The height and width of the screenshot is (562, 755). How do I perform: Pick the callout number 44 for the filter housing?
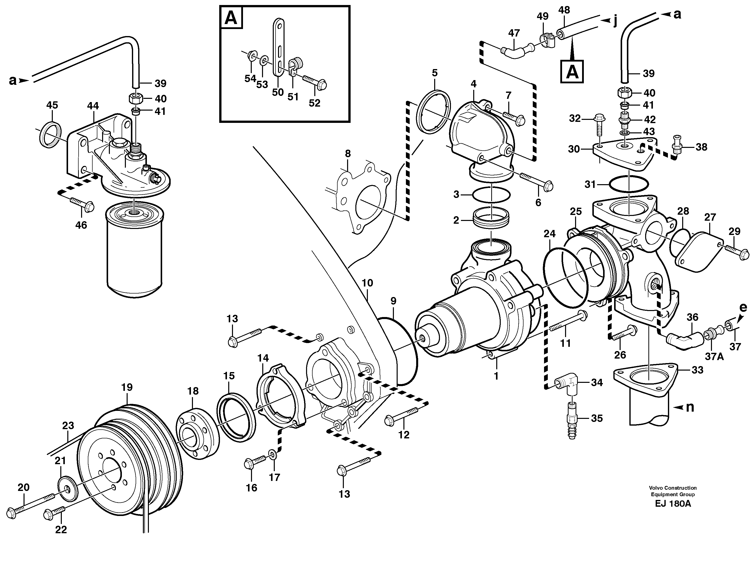click(x=93, y=106)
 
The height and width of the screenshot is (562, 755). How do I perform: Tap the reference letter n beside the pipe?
click(x=690, y=407)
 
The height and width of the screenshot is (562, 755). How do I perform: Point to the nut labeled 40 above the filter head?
click(x=135, y=99)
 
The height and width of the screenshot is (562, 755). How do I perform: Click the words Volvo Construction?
click(x=672, y=488)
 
